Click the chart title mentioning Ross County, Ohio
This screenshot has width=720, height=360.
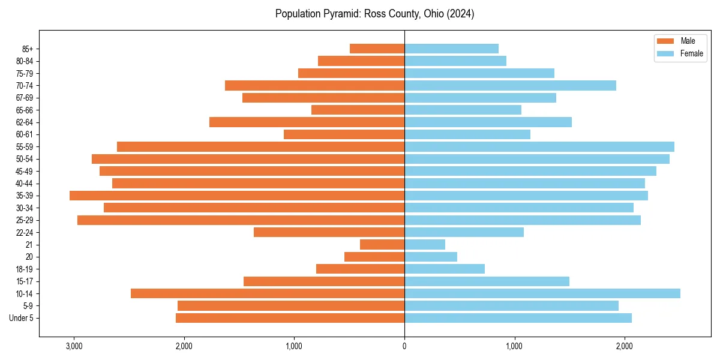(x=374, y=14)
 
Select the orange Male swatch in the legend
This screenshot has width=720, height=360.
(x=665, y=41)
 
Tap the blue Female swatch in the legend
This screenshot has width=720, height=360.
(x=665, y=53)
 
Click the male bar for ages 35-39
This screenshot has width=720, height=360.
(x=237, y=196)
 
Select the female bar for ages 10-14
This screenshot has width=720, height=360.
(x=542, y=293)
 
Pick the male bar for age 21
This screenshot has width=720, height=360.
(x=382, y=244)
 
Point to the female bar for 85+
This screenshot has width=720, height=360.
(x=451, y=49)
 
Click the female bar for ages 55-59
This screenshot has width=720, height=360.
(x=539, y=146)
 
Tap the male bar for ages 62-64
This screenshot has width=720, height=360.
(x=307, y=122)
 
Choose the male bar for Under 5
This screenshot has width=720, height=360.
(x=290, y=318)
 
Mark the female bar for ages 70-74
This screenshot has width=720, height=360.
(x=510, y=85)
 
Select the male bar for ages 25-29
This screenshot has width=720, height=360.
(x=241, y=220)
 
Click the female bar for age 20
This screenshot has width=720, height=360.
(x=431, y=257)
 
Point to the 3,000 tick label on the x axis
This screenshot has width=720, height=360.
(x=74, y=346)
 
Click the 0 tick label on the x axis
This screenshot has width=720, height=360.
(x=404, y=346)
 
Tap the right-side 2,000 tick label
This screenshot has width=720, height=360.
(x=625, y=346)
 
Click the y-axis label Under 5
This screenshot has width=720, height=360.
(x=22, y=318)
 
